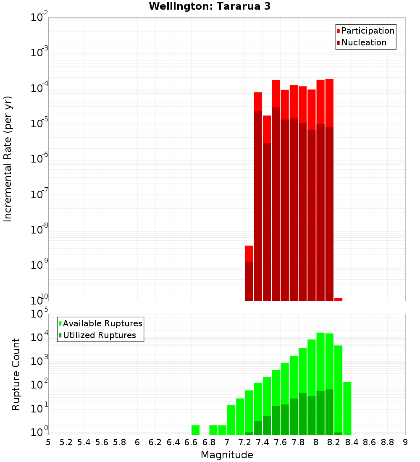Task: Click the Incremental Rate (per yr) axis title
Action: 8,159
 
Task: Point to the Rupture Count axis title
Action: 16,374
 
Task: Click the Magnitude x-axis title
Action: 227,455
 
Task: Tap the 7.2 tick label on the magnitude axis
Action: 244,442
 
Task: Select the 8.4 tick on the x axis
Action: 352,442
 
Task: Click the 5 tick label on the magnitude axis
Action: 48,442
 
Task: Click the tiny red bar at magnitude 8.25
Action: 338,299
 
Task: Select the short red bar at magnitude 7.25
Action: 249,254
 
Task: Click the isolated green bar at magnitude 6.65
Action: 195,430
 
